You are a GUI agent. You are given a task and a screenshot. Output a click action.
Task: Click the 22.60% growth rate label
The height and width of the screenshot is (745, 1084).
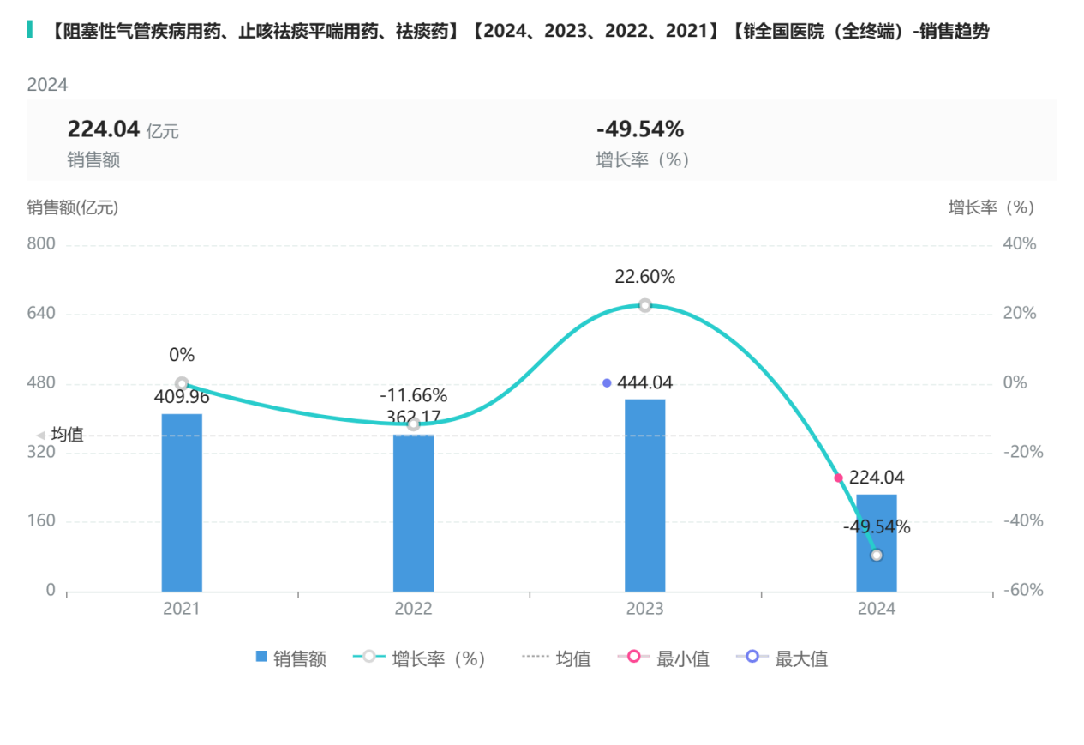[644, 277]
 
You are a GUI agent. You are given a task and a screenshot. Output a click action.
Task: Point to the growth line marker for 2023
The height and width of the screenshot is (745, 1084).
[644, 305]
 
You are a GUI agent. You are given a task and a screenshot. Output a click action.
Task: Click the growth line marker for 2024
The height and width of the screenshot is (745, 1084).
[876, 556]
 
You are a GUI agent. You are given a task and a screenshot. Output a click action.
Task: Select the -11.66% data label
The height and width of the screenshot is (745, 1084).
[413, 395]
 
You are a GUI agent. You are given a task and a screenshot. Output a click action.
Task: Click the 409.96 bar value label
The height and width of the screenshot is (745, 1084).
[182, 397]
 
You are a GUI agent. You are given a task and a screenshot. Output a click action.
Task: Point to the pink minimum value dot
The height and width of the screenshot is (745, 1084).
[838, 478]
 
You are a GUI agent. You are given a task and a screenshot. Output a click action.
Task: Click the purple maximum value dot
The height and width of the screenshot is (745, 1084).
[607, 383]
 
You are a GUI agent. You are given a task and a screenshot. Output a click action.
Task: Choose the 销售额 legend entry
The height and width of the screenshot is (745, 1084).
[291, 658]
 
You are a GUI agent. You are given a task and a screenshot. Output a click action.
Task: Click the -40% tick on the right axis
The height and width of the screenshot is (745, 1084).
[1020, 521]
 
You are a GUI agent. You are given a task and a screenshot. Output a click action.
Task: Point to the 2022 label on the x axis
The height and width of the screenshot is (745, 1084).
[413, 609]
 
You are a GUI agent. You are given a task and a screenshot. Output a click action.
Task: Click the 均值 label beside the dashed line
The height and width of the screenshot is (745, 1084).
[67, 435]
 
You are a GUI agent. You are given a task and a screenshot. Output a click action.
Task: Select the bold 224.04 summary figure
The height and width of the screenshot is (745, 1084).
[103, 129]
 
